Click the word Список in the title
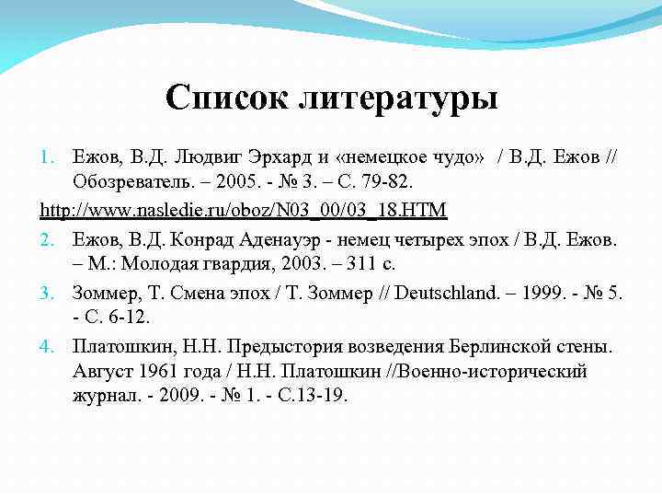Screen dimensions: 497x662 click(x=225, y=97)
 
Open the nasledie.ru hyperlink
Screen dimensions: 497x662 click(x=244, y=211)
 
